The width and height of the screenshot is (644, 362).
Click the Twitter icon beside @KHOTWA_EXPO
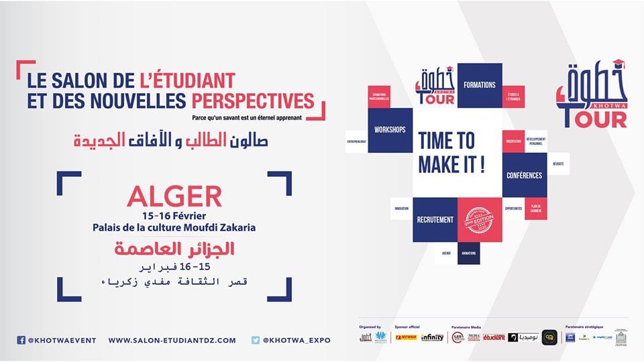(256, 340)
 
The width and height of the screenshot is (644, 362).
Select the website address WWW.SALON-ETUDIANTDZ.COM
(172, 340)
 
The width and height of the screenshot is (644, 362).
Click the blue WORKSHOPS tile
(390, 129)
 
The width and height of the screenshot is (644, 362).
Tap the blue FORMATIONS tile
(480, 85)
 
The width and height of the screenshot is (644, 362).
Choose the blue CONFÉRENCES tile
(525, 175)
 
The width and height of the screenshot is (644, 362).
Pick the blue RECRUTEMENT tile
(435, 219)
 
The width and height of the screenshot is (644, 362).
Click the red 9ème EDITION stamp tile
(479, 219)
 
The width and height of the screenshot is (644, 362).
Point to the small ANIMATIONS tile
(469, 253)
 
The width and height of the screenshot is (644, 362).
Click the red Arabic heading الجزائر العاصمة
(174, 249)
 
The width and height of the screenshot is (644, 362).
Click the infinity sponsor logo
(432, 337)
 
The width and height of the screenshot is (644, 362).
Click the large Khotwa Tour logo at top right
(590, 95)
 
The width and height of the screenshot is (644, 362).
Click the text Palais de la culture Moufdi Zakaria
(174, 227)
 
